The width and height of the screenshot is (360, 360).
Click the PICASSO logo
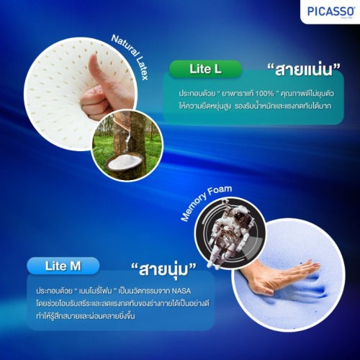(x=330, y=12)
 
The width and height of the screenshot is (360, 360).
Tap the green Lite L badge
(x=205, y=69)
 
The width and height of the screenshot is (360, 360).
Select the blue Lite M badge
(x=63, y=266)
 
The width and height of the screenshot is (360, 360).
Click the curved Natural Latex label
(x=130, y=57)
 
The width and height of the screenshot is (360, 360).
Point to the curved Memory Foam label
(x=206, y=203)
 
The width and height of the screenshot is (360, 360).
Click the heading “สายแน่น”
(x=304, y=70)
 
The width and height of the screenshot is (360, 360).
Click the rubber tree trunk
(x=130, y=135)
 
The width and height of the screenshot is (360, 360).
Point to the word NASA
(x=181, y=291)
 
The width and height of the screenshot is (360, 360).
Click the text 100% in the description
(x=264, y=94)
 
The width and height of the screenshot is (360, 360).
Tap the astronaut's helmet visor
(x=237, y=217)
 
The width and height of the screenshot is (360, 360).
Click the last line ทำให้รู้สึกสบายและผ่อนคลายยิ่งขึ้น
(x=86, y=316)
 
